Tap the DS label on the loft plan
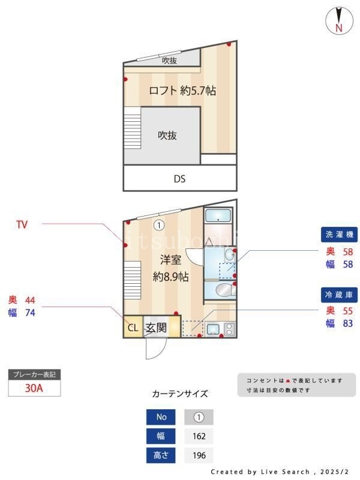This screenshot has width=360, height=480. (x=179, y=178)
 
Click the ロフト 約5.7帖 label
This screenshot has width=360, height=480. (x=182, y=91)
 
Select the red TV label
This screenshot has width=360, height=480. (x=22, y=225)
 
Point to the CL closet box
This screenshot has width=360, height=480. (x=133, y=328)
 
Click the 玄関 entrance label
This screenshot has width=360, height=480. (x=155, y=328)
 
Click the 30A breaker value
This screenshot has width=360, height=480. (x=34, y=388)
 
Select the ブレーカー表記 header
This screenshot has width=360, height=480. (x=34, y=374)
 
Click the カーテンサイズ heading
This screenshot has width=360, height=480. (x=180, y=394)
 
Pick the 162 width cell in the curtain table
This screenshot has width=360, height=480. (x=199, y=436)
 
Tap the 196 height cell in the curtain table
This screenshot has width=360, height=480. (x=199, y=455)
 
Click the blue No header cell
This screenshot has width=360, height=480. (x=161, y=417)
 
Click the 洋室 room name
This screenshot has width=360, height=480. (x=170, y=260)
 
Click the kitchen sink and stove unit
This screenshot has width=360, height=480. (x=220, y=329)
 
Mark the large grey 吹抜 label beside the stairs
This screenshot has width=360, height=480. (x=167, y=136)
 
